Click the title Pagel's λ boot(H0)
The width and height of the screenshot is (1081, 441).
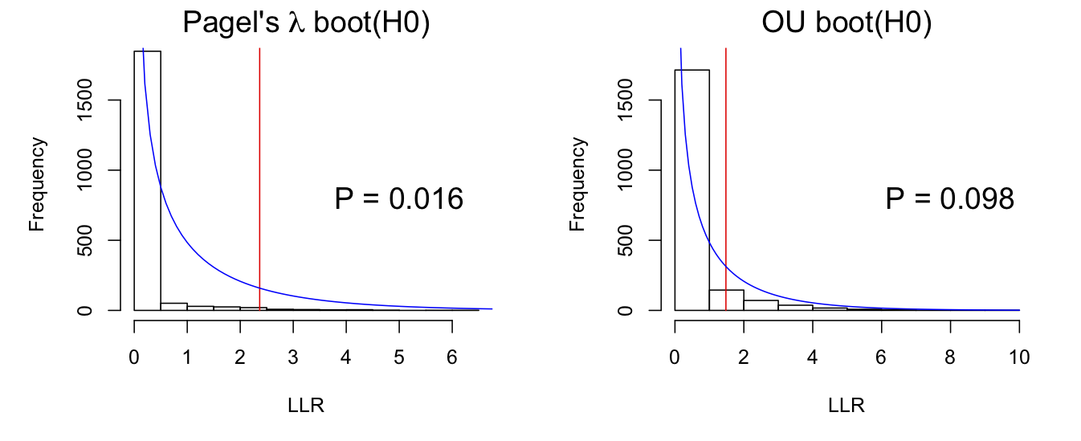click(x=307, y=23)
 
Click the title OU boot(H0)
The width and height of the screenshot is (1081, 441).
click(x=846, y=23)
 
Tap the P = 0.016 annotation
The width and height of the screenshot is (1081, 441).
click(x=398, y=198)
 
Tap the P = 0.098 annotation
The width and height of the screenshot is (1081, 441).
click(x=949, y=198)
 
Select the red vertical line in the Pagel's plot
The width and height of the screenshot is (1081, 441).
click(x=259, y=177)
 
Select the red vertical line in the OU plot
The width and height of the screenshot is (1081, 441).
click(x=726, y=177)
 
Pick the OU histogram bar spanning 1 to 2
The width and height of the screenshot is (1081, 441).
click(x=726, y=300)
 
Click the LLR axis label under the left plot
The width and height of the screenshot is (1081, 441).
click(x=306, y=406)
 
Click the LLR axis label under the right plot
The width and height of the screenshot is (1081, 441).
click(x=846, y=406)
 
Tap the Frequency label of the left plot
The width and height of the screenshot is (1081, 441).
click(x=37, y=184)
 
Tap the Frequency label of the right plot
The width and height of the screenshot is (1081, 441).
click(x=577, y=184)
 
